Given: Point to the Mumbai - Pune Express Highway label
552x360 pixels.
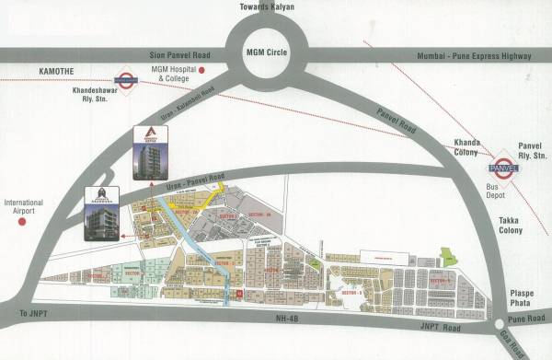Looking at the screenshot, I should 475,56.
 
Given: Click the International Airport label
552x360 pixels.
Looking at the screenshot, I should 24,205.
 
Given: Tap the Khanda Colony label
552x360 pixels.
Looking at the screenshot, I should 460,149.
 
